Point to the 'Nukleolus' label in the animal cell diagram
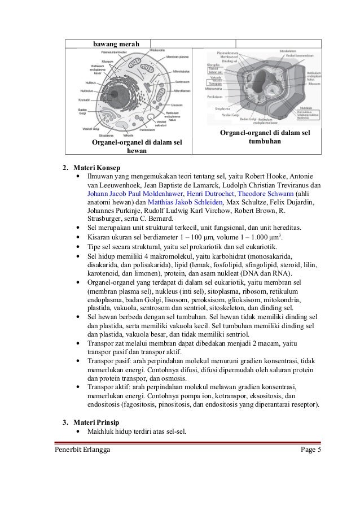tap(86, 91)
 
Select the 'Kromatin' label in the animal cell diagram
tap(85, 100)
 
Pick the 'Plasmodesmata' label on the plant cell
tap(227, 53)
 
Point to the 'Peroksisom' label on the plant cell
tap(214, 97)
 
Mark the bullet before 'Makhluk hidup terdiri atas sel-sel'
tap(77, 433)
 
